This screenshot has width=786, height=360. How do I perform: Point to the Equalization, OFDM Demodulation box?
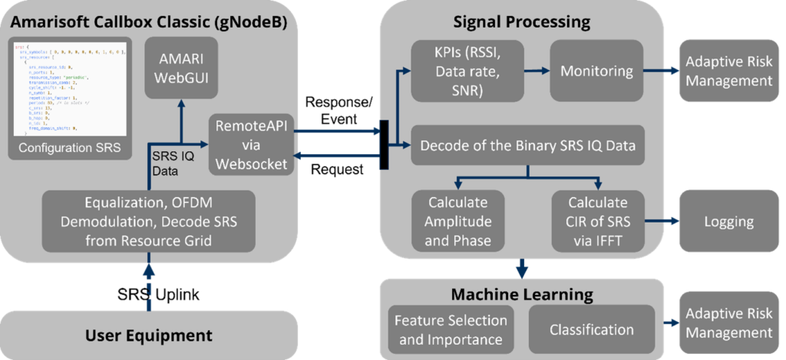point(146,220)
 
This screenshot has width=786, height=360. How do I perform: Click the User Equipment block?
point(148,335)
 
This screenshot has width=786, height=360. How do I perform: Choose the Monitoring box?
point(596,71)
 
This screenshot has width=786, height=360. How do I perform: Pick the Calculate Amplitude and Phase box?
point(458,221)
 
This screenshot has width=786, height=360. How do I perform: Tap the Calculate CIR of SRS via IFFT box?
point(596,221)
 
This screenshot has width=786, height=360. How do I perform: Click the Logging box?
point(728,222)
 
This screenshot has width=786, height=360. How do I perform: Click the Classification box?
point(592,330)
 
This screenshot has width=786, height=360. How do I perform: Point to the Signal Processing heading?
point(521,21)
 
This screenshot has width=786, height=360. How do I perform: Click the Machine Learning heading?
point(521,294)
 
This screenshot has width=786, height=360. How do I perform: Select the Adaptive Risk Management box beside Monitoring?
point(728,71)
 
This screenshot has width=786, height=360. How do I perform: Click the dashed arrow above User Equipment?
point(148,290)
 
